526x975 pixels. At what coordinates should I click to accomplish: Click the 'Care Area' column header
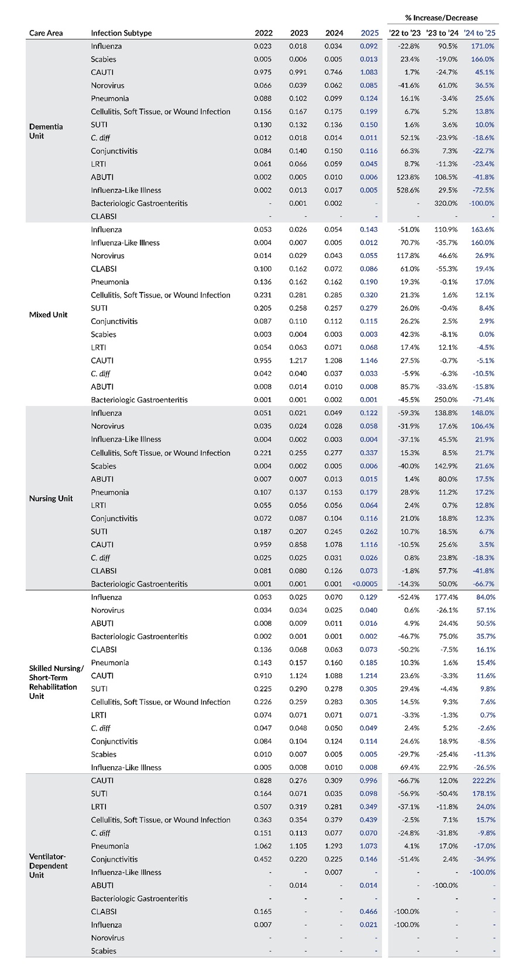pos(46,33)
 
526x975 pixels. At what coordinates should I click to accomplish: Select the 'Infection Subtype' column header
pos(121,33)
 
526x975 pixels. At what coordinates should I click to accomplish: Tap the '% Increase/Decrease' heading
pos(441,18)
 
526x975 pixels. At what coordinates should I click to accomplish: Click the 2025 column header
pos(370,33)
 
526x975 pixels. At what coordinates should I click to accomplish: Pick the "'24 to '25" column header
pos(479,33)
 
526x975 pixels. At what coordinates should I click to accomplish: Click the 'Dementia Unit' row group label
pos(46,131)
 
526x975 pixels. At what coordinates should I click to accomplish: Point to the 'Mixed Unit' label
pos(48,315)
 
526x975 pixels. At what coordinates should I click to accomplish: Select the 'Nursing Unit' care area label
pos(51,498)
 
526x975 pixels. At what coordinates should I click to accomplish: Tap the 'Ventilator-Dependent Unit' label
pos(49,866)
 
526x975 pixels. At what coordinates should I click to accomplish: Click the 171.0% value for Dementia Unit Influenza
pos(483,46)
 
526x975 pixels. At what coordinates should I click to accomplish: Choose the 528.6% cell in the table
pos(407,190)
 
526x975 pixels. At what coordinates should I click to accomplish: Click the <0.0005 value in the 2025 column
pos(365,584)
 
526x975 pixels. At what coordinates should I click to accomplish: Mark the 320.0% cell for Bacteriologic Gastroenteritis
pos(446,203)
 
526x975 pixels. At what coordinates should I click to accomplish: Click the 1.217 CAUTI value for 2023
pos(298,360)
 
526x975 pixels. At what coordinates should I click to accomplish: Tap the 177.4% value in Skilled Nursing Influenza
pos(446,597)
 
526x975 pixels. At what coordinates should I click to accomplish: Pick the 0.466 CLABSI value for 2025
pos(369,911)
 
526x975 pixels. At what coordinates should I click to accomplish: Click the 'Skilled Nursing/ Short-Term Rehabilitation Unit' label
pos(56,682)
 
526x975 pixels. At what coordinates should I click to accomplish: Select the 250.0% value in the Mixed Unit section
pos(446,399)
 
